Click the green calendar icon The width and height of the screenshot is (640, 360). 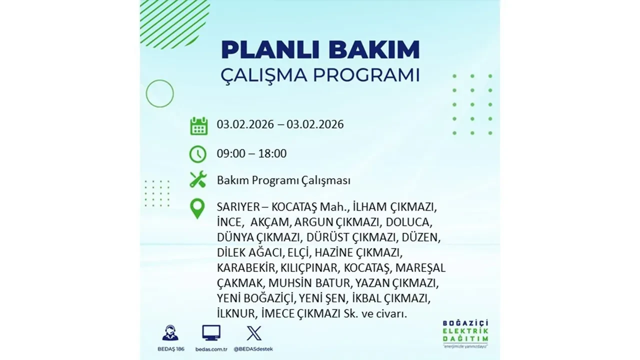click(198, 125)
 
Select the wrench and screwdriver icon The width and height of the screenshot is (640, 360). click(198, 179)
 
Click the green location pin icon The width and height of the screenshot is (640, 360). click(198, 209)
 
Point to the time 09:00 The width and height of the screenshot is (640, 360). click(231, 153)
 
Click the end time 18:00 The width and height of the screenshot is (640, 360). click(273, 153)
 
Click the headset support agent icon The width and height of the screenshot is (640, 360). click(170, 333)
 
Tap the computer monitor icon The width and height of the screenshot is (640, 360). click(211, 333)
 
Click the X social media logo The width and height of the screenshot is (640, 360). click(254, 333)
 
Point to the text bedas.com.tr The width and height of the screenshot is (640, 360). click(211, 348)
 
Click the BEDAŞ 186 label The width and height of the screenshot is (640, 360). click(170, 348)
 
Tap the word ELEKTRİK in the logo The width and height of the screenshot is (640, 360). click(465, 330)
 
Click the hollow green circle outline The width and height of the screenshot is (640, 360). click(159, 93)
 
